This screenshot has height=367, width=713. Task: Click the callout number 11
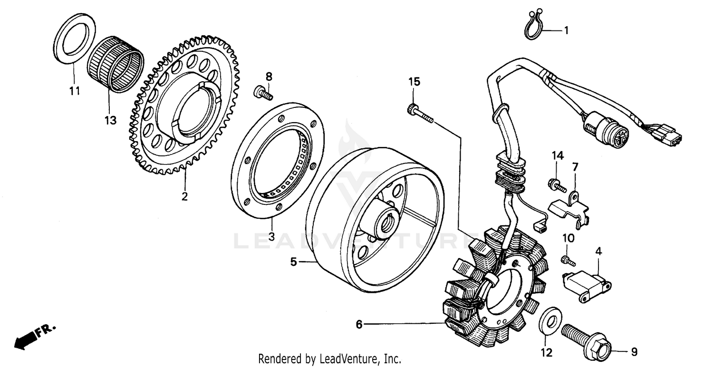tap(74, 91)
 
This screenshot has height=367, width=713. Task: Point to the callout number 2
tap(184, 196)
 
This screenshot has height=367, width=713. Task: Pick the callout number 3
tap(271, 236)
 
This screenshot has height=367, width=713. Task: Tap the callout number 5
tap(294, 261)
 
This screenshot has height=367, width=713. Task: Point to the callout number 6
tap(359, 325)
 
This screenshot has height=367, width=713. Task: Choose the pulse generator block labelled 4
tap(585, 284)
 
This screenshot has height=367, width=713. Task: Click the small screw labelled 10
tap(568, 260)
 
